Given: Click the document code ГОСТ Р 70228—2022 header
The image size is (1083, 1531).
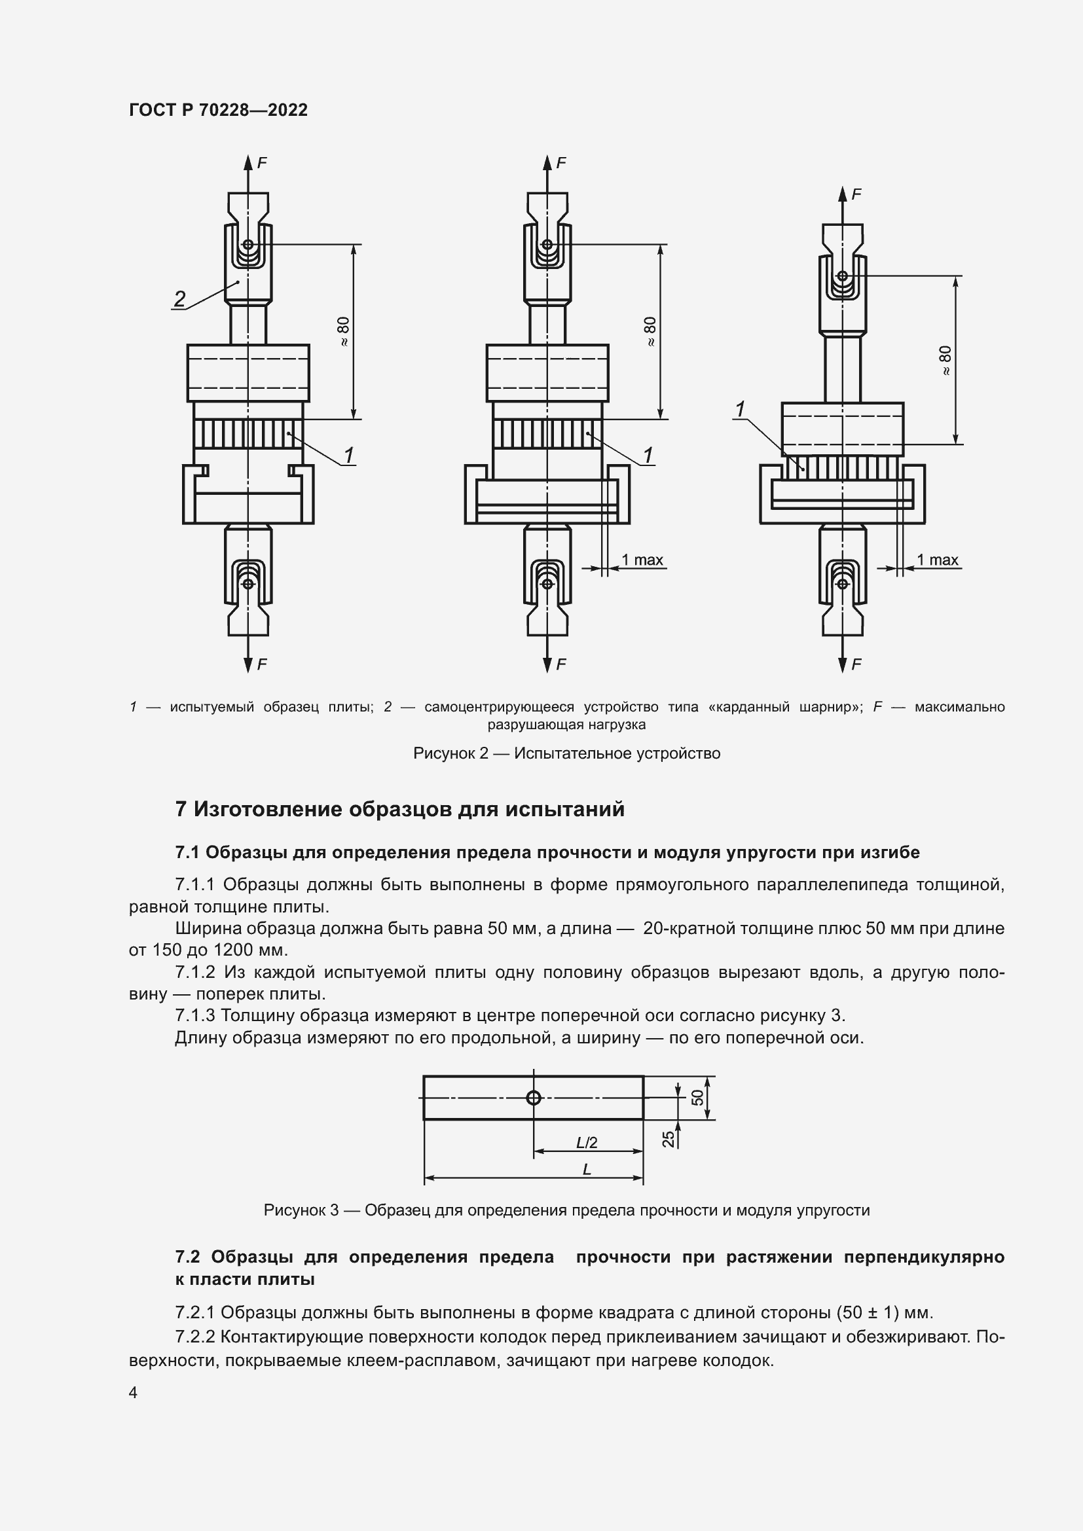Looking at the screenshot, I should [218, 110].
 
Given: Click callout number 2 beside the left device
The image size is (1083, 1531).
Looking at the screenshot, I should [179, 298].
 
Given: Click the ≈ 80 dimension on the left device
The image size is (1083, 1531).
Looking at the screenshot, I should [344, 331].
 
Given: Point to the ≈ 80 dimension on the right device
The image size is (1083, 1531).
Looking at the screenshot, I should [945, 361].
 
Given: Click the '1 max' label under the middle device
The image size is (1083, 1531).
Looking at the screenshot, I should [642, 560].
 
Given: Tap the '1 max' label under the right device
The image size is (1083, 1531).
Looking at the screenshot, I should [937, 560].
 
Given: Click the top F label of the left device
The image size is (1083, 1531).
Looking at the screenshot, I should [262, 163].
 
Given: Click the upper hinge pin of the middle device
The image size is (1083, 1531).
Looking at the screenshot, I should [547, 245].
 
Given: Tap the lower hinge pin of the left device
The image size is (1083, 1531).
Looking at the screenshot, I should [248, 583].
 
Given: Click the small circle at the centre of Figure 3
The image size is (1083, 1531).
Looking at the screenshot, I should [534, 1097].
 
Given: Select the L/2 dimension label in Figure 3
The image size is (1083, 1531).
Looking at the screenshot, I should [587, 1142].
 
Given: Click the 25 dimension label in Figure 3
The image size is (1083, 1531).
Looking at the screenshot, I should [669, 1139].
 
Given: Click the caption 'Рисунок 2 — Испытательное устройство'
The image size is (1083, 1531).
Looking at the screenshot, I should [566, 753].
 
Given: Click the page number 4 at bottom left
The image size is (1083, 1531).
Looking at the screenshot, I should [133, 1392].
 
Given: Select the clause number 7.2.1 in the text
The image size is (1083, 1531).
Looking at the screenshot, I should [194, 1313].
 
